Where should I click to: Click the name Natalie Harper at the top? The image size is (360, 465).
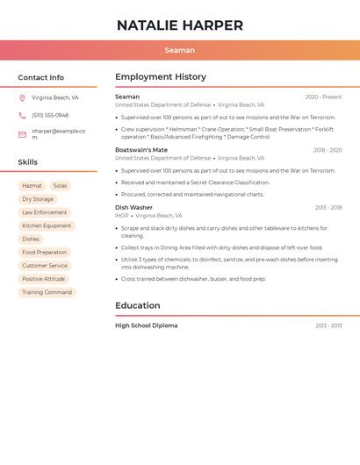click(180, 25)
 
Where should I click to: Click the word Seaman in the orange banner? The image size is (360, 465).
click(180, 50)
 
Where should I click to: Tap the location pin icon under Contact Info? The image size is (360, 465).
click(22, 98)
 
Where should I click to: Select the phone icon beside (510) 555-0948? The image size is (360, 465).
click(22, 115)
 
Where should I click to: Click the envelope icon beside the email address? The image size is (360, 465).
click(22, 134)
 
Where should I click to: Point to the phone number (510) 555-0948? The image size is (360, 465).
click(50, 115)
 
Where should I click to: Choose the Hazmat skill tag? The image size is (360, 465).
click(32, 186)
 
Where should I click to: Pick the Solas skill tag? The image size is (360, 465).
click(60, 186)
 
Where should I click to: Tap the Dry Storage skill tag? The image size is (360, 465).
click(38, 199)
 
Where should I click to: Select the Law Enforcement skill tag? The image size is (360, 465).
click(45, 212)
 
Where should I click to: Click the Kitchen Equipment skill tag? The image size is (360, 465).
click(47, 225)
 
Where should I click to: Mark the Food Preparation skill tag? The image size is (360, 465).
click(45, 253)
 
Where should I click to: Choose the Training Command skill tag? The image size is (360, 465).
click(47, 292)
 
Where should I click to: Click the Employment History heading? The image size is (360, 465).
click(161, 77)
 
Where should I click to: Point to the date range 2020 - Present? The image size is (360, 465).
click(323, 97)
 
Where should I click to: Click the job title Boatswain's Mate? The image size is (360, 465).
click(141, 150)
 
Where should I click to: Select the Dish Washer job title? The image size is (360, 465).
click(133, 208)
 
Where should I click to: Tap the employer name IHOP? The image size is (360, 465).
click(121, 216)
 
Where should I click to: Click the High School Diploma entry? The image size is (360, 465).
click(146, 325)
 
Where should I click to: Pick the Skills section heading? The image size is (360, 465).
click(28, 162)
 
